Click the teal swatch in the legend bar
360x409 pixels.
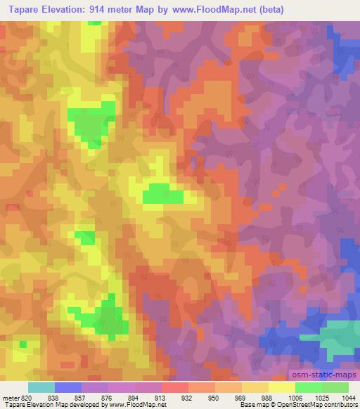41,387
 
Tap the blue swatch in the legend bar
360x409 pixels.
67,387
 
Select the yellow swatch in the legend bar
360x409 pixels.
281,387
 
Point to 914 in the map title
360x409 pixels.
111,9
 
